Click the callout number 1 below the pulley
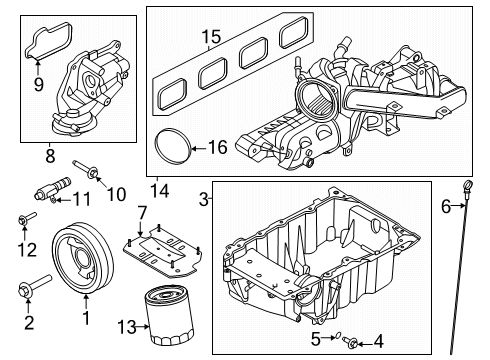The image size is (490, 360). pyautogui.click(x=86, y=319)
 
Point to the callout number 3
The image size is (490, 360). pyautogui.click(x=204, y=200)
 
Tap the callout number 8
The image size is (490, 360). pyautogui.click(x=47, y=156)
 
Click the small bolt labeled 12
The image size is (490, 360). pyautogui.click(x=26, y=219)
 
